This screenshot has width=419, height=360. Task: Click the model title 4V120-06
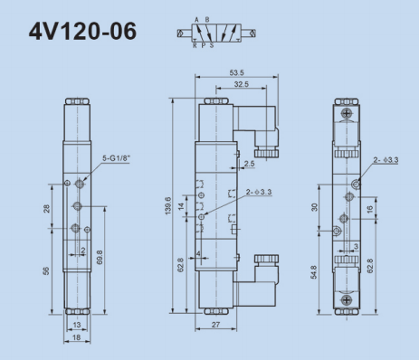82,31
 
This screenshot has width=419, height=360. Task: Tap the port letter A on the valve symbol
196,20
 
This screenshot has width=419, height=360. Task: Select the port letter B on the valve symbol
207,20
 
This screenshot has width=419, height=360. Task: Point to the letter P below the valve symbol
204,45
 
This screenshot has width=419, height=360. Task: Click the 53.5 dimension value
236,72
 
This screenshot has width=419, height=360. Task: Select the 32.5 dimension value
242,84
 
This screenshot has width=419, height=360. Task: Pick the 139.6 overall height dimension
168,206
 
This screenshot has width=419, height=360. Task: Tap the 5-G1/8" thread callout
116,158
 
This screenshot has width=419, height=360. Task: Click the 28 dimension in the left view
47,209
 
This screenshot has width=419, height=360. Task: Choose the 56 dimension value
46,271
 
